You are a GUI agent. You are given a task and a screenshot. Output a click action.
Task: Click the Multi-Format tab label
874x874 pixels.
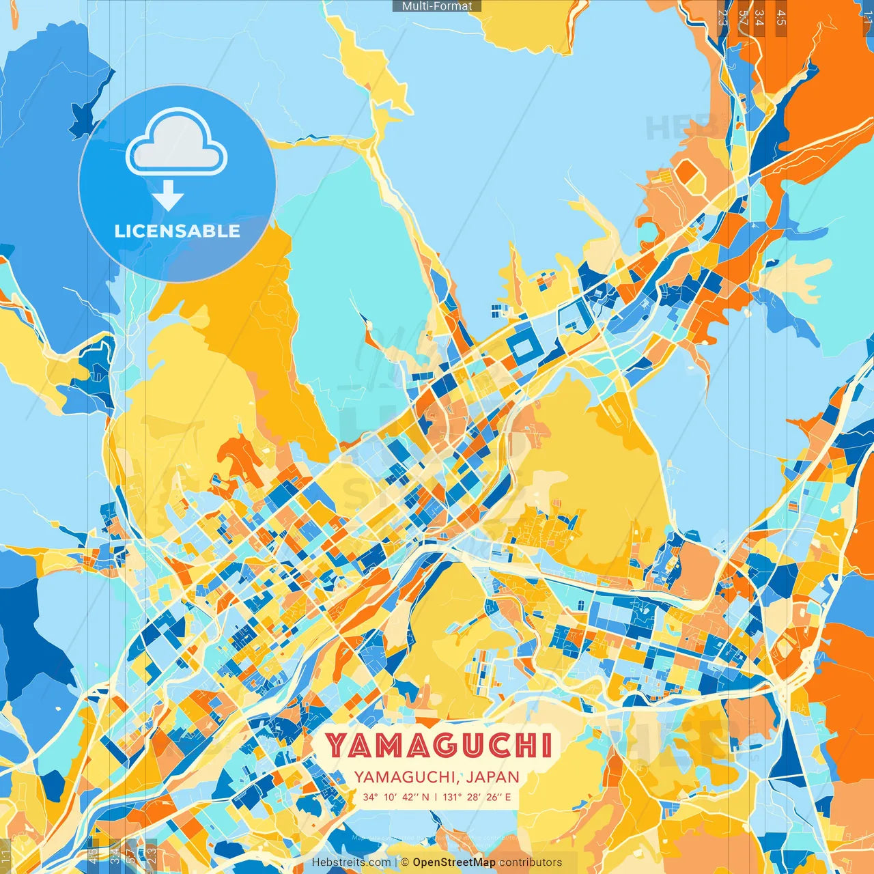(437, 6)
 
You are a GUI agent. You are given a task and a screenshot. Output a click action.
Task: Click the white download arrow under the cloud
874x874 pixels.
(168, 196)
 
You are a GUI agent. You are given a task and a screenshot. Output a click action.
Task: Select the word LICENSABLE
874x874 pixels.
(177, 231)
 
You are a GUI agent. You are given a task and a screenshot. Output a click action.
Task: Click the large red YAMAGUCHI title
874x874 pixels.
(438, 746)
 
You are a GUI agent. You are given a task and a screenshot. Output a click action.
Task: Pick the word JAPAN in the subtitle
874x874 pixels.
(494, 777)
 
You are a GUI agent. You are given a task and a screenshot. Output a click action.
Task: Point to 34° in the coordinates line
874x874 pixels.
(370, 798)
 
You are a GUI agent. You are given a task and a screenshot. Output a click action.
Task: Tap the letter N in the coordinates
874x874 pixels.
(426, 798)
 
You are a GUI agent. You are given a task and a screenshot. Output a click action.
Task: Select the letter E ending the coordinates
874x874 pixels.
(507, 798)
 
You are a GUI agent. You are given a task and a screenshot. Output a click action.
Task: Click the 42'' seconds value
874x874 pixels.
(410, 798)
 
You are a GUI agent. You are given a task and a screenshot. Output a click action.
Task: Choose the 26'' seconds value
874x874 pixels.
(494, 798)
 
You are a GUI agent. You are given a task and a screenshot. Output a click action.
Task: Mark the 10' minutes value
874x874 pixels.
(390, 798)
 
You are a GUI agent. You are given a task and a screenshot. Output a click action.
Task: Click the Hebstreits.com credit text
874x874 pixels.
(350, 862)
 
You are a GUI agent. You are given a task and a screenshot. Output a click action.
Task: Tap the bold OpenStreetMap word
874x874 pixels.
(454, 862)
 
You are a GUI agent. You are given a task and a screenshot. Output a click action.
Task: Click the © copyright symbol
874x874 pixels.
(405, 862)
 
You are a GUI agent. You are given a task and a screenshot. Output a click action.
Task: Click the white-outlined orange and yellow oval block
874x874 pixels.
(690, 177)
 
